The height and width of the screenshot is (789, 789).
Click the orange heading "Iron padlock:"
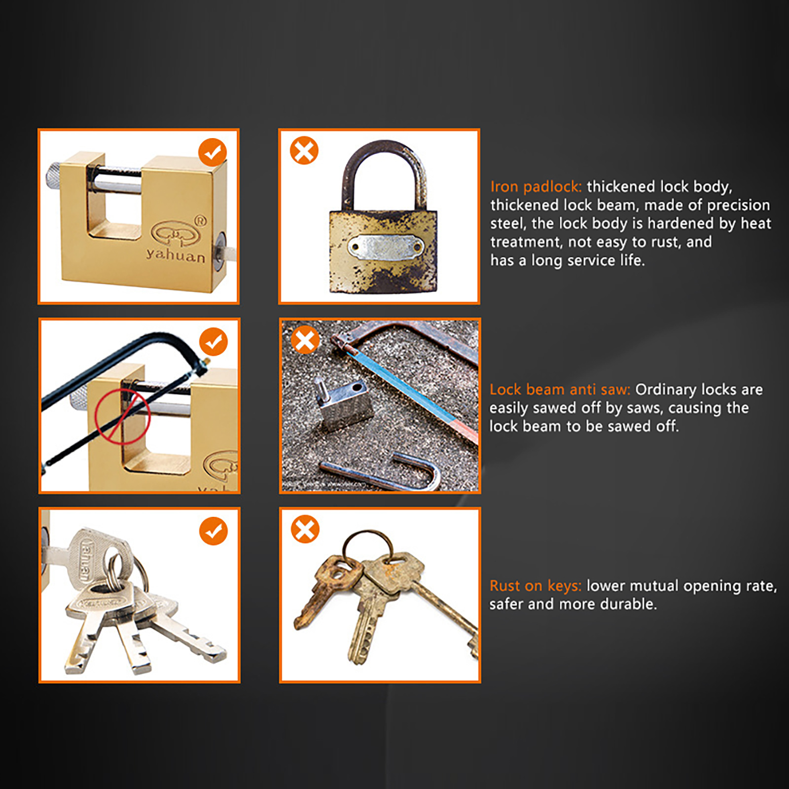point(536,187)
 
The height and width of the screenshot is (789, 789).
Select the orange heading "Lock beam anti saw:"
point(560,390)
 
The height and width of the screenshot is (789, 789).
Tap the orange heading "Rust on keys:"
point(536,586)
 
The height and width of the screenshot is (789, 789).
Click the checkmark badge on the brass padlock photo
point(213,152)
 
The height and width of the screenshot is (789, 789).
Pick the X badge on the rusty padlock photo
point(304,150)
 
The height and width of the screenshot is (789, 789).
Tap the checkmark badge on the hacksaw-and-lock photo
point(214,342)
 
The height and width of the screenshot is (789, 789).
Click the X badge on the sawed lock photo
point(305,340)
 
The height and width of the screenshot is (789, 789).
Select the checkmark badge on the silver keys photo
point(214,531)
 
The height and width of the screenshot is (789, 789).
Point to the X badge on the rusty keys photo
point(305,529)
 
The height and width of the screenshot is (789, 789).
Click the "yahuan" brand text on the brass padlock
point(176,255)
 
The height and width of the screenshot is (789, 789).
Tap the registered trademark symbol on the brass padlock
point(200,220)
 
